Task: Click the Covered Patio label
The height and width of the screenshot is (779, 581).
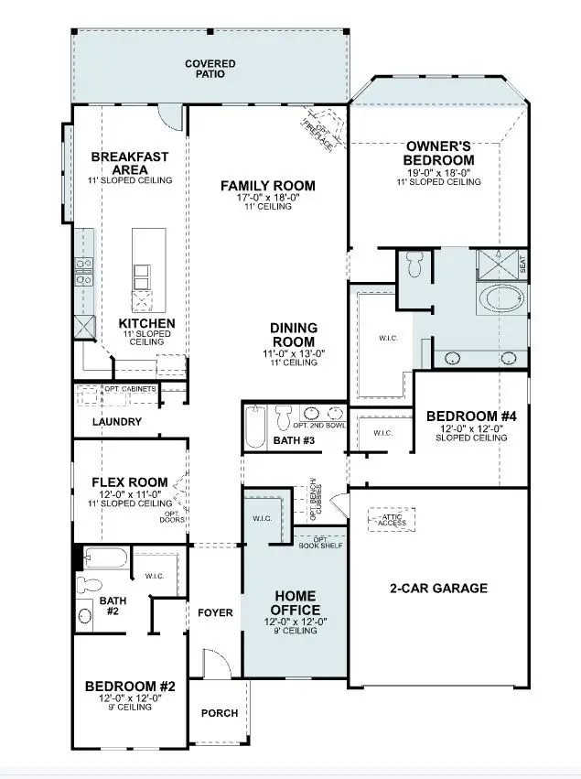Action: pos(210,69)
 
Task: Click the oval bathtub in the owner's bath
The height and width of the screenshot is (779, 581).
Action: pos(504,298)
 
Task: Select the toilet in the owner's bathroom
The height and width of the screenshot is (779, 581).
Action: pos(413,265)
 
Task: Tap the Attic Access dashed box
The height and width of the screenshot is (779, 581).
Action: pos(392,521)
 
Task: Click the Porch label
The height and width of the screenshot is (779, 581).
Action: pos(219,713)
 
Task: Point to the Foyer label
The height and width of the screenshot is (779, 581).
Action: pos(215,612)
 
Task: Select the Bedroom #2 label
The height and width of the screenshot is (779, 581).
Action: pos(124,686)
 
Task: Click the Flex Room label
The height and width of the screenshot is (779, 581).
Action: pos(130,482)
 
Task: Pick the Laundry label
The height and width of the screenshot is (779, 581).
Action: pos(117,422)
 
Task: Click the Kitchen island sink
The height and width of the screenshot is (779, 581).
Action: pos(144,275)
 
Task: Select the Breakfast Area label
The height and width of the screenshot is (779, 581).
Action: pos(131,163)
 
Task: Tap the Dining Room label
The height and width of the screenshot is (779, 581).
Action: pos(293,334)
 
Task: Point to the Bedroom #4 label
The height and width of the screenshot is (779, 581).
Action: pos(472,417)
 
